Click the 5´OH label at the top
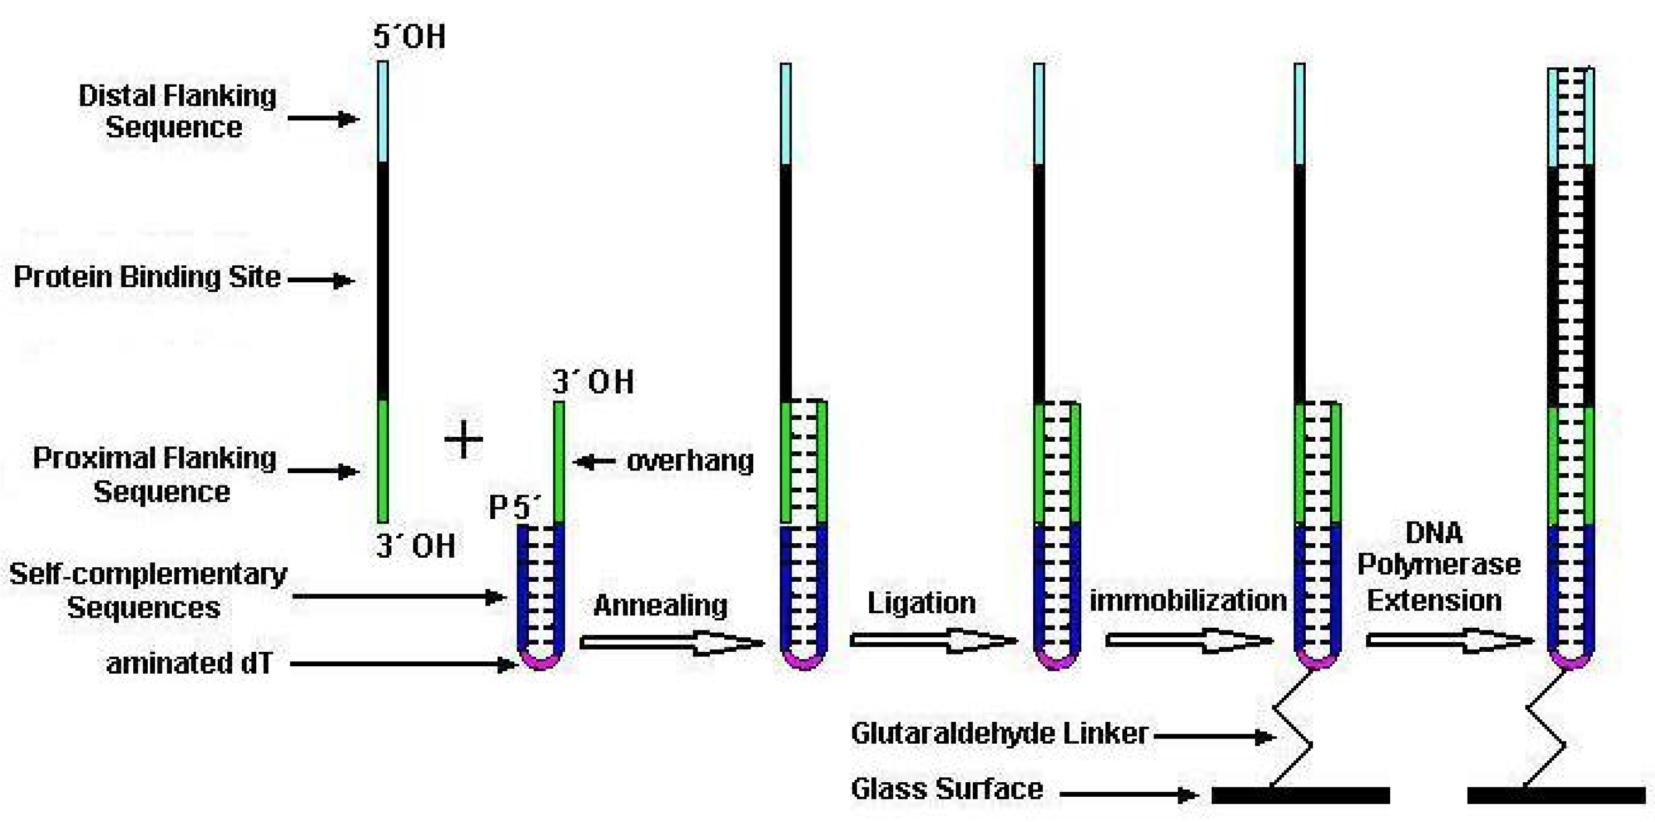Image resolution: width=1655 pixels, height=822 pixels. pos(409,36)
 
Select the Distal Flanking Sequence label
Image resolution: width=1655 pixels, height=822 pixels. pos(176,111)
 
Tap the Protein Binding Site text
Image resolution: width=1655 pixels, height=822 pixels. pos(147,277)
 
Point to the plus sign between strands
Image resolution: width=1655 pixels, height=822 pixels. pos(463,440)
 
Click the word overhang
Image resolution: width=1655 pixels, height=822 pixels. pos(690,461)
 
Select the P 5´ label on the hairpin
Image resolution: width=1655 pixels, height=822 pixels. pos(514,508)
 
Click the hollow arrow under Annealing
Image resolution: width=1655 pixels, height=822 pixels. pos(672,642)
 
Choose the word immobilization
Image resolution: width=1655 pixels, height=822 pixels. pos(1188,600)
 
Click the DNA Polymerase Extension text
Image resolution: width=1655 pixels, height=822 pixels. pos(1438,566)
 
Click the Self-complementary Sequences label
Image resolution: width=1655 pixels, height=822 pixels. pos(147,590)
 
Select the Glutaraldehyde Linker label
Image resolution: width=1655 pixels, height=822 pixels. pos(999,734)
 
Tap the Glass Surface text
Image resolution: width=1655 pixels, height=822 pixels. pos(946,788)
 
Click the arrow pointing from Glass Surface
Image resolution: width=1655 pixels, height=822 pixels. pos(1128,795)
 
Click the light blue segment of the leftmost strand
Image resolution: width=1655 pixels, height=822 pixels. pos(383,111)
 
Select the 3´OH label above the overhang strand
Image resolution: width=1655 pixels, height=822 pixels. pos(592,382)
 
